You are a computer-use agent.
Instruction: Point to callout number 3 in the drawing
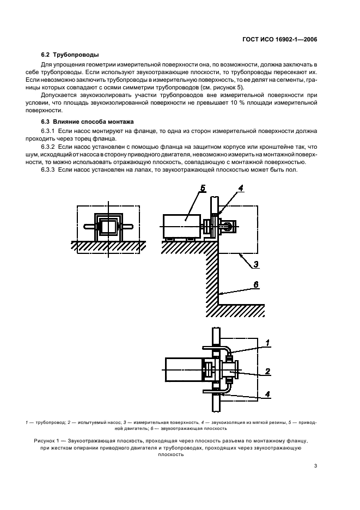[x=255, y=265]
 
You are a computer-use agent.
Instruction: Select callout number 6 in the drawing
[x=255, y=284]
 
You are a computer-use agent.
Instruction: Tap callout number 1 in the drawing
[x=267, y=343]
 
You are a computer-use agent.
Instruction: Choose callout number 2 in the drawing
[x=267, y=372]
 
